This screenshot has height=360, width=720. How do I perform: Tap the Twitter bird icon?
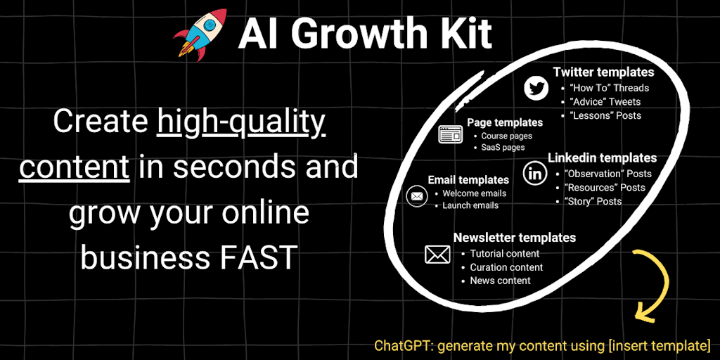pos(536,89)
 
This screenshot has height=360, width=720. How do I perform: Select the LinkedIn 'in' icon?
pos(534,173)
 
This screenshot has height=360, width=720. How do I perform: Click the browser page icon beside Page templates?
pos(451,134)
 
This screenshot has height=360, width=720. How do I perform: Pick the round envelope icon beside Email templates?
pos(416,196)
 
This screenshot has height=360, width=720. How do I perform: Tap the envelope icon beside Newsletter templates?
pos(437,254)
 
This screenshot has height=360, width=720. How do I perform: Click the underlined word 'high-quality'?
pos(241,122)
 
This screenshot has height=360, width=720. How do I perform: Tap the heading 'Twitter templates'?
pos(603,72)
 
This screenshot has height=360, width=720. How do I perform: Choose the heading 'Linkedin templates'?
pos(602,157)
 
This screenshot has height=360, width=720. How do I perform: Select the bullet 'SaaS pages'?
pos(503,148)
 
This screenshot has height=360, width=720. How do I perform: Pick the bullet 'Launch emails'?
pos(470,205)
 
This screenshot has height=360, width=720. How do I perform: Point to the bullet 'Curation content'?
pos(506,267)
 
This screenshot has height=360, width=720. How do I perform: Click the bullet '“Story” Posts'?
pos(593,201)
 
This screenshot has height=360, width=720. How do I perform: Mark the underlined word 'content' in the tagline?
pos(74,167)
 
